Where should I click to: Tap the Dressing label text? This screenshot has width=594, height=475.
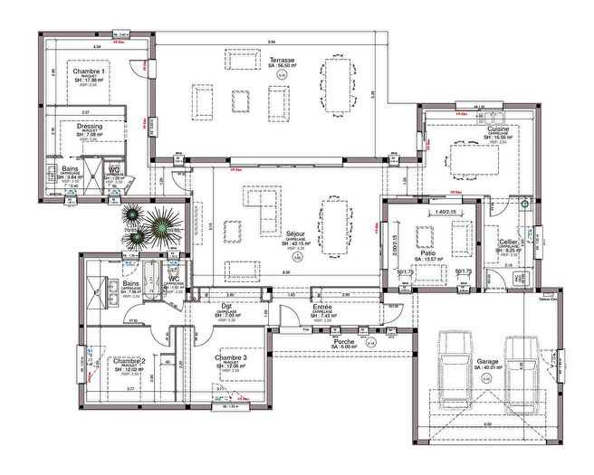(90, 127)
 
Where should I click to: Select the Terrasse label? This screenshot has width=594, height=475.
(282, 61)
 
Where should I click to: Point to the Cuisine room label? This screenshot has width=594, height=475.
(498, 129)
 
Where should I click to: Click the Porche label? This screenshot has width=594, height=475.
(345, 341)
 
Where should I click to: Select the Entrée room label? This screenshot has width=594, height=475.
(322, 308)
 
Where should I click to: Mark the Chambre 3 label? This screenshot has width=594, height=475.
(232, 357)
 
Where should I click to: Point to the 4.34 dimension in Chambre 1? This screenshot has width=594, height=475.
(97, 44)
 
